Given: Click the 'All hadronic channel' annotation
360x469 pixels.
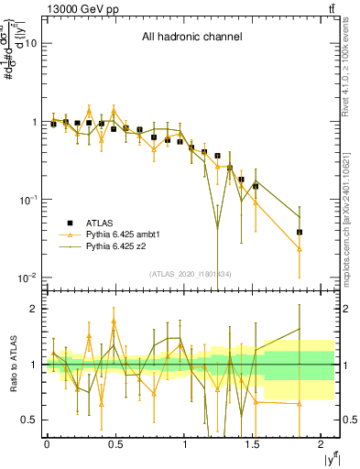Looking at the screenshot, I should coord(191,38).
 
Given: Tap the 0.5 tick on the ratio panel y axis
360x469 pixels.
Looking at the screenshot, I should coord(29,420).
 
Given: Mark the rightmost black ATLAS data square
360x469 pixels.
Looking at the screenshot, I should coord(300,232).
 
